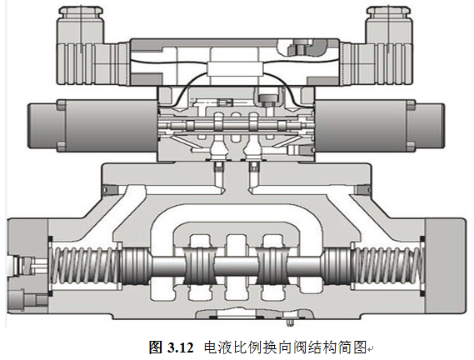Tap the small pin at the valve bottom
click(x=288, y=321)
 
